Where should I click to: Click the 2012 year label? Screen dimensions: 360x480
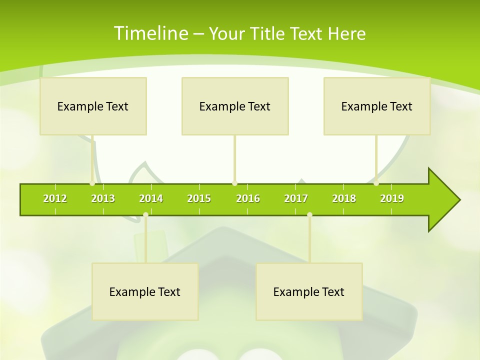[x=55, y=198]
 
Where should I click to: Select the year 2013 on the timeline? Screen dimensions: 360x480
[x=103, y=198]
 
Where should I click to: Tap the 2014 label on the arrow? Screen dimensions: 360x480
[x=151, y=198]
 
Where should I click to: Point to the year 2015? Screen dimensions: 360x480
[x=199, y=198]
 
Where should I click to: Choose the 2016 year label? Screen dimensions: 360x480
[x=248, y=198]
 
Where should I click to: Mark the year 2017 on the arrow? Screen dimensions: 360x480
[x=296, y=198]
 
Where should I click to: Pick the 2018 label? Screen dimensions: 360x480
[x=344, y=198]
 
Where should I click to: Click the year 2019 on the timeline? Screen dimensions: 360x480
[x=392, y=198]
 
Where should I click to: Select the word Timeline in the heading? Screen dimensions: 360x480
[x=150, y=33]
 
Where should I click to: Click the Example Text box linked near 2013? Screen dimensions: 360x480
[x=93, y=106]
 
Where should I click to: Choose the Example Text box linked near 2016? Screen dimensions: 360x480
[x=235, y=106]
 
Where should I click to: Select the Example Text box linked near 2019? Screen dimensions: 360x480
[x=377, y=106]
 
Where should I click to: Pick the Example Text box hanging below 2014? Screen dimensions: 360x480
[x=145, y=291]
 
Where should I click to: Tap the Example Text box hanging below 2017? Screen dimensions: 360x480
[x=309, y=291]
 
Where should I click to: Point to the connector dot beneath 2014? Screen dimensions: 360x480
[x=145, y=214]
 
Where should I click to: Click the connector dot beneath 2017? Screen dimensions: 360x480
[x=309, y=214]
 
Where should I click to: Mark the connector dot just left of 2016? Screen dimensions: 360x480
[x=234, y=183]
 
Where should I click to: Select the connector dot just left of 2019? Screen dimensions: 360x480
[x=376, y=183]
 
